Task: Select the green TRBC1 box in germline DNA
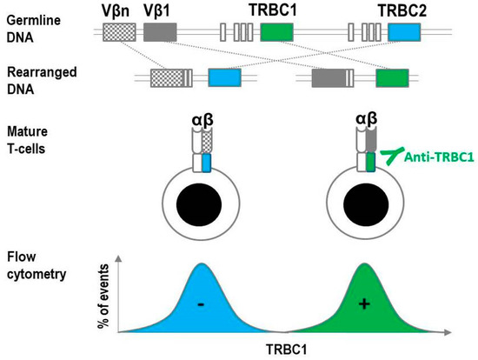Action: click(277, 33)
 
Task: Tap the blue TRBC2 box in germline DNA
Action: click(404, 33)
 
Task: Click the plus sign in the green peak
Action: click(362, 305)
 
